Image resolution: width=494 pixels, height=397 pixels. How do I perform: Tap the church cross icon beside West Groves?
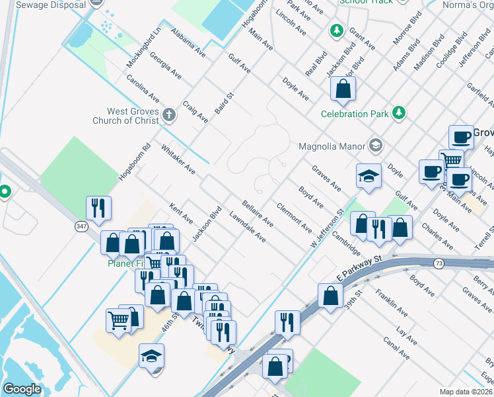[168, 114]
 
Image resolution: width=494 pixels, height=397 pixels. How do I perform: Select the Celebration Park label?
[354, 114]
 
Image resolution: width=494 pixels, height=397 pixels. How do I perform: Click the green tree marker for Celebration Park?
[398, 113]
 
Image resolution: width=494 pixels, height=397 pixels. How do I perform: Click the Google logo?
[22, 389]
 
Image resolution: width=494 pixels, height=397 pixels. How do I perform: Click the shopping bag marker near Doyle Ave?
[343, 89]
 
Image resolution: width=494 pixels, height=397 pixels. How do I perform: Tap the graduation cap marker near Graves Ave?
[369, 176]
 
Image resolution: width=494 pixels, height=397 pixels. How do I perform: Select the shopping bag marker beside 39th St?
[330, 296]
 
